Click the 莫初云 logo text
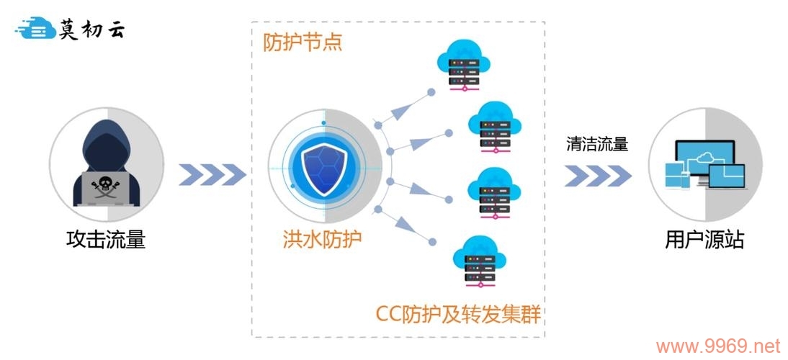tap(91, 30)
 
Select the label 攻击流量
tap(105, 239)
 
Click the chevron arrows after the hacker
tap(212, 174)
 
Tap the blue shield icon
tap(324, 167)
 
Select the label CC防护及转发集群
tap(458, 314)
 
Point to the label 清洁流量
tap(597, 145)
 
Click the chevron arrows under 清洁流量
tap(598, 175)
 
